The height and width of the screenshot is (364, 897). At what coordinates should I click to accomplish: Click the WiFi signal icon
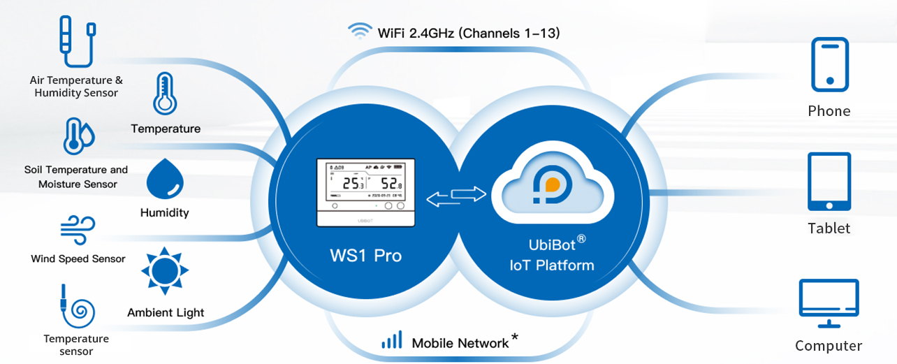360,31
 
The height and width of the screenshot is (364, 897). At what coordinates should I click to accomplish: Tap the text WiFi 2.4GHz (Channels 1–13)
468,33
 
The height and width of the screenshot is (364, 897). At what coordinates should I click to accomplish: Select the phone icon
829,64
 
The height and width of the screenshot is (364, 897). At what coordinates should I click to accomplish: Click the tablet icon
829,182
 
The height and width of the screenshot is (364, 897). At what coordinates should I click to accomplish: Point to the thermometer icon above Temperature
165,94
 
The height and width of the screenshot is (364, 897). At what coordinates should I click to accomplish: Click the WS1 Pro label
365,256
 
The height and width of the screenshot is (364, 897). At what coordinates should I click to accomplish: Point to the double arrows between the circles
455,196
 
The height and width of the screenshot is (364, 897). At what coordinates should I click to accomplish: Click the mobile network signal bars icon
391,341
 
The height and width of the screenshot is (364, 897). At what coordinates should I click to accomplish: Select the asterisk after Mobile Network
515,338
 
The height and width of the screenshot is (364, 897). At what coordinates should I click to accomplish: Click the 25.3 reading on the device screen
353,184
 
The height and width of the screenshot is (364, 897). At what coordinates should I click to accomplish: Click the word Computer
829,346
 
